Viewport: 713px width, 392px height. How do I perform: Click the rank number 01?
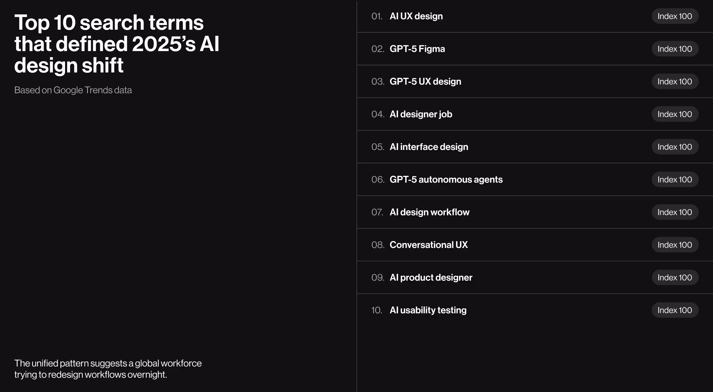377,16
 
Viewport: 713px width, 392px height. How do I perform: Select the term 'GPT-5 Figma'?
417,49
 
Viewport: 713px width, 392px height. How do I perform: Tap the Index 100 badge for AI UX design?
675,16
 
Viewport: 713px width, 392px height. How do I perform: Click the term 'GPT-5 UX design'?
425,82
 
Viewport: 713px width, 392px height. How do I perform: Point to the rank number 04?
378,114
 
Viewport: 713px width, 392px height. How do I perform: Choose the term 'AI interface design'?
429,147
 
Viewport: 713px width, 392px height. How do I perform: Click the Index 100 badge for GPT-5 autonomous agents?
675,180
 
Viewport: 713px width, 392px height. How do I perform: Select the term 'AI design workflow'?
429,212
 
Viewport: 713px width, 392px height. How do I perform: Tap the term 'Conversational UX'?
428,245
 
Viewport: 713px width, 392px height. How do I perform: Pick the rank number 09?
378,278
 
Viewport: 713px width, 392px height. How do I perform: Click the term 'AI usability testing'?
428,310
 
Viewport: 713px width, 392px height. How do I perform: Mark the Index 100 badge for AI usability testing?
675,310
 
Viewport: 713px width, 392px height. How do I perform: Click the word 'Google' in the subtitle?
68,90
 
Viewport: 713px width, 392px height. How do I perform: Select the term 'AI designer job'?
421,114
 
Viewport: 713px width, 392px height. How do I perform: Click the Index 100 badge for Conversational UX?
675,245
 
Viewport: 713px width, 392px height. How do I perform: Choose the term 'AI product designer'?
431,278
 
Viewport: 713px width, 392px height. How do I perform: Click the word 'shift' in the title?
102,66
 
